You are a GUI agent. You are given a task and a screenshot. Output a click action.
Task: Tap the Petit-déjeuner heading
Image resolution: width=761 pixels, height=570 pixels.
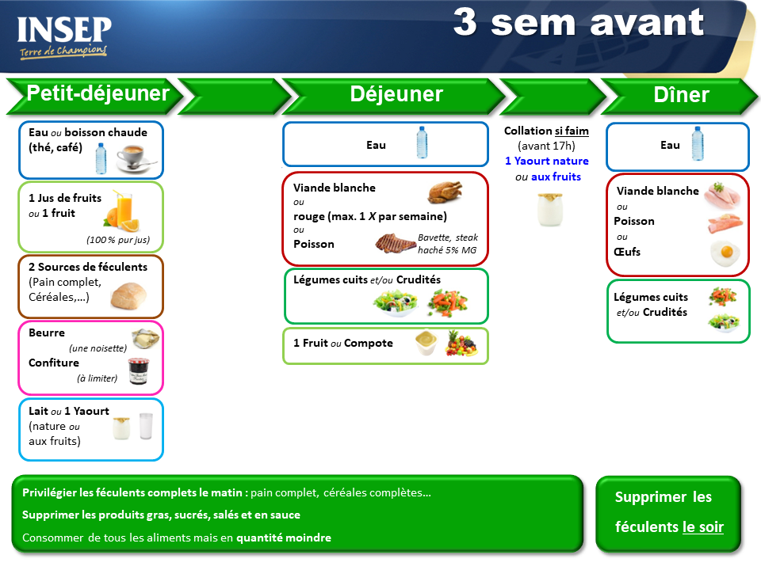click(x=98, y=93)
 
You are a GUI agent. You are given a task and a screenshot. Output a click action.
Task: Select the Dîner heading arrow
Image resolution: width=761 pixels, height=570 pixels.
click(x=679, y=96)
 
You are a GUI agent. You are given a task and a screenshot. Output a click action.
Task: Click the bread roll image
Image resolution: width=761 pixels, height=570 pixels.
click(x=128, y=295)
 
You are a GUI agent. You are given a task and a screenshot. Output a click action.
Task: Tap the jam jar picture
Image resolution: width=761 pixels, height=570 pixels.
click(x=139, y=371)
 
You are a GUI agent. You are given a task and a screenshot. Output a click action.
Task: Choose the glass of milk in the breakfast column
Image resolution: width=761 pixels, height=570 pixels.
click(x=146, y=426)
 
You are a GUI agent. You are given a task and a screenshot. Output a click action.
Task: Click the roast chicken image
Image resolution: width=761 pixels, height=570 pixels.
click(x=445, y=192)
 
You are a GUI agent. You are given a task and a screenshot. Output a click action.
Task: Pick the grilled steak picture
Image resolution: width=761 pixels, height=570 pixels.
click(x=396, y=243)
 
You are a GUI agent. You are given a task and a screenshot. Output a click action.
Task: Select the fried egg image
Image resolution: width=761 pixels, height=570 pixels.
click(x=725, y=253)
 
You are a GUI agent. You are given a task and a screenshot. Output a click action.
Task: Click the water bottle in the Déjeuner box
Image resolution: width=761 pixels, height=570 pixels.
click(x=423, y=142)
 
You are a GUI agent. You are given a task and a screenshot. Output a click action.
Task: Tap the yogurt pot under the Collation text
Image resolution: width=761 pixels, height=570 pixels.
click(x=550, y=209)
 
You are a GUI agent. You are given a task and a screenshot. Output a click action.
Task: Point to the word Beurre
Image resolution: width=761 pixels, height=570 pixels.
click(x=47, y=333)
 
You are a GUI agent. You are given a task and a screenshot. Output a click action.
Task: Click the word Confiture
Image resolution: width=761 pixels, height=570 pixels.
click(x=54, y=363)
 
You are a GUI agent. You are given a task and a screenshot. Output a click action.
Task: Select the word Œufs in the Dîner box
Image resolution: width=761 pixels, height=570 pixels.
click(x=627, y=252)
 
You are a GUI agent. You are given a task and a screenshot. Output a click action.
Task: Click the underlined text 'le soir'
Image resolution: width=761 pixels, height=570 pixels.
click(x=703, y=527)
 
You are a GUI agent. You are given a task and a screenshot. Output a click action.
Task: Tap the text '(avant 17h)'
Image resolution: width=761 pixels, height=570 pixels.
click(x=546, y=146)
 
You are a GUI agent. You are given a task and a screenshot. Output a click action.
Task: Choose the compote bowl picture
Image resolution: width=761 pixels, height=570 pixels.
click(x=426, y=342)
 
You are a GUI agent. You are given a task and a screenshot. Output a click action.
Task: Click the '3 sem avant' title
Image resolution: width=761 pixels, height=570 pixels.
click(x=579, y=22)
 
